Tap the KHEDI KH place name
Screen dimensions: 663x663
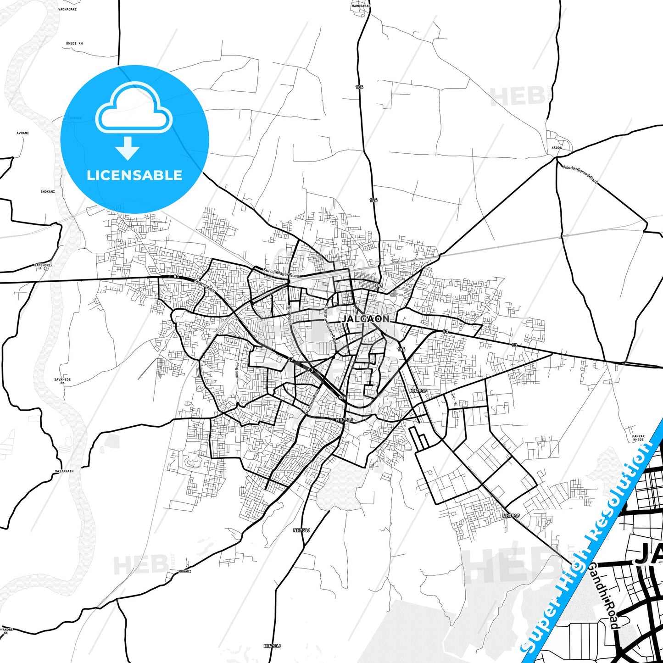tap(74, 44)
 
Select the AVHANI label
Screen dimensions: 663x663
tap(22, 133)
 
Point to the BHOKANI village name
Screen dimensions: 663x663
tap(48, 191)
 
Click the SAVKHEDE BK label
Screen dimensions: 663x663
tap(62, 381)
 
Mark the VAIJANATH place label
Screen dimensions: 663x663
tap(64, 471)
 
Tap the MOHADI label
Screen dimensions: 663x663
tap(184, 571)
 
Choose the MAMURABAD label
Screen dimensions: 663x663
tap(361, 6)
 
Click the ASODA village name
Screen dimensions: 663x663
tap(556, 148)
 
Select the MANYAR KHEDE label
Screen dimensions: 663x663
tap(638, 438)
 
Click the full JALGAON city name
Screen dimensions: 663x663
tap(366, 318)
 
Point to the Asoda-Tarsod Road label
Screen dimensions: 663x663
tap(580, 174)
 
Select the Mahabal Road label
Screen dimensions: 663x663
tap(312, 402)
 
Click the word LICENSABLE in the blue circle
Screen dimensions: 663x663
tap(134, 175)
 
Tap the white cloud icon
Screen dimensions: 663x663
tap(134, 108)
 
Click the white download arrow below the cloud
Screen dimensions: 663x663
tap(128, 148)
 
